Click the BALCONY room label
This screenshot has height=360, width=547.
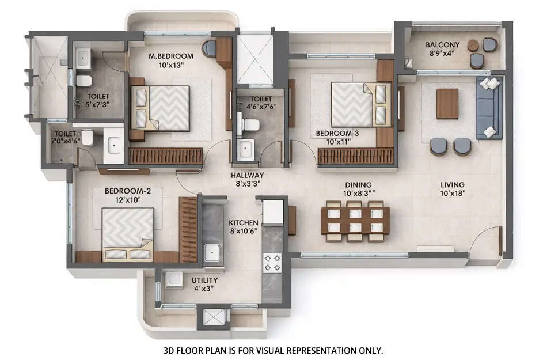point(442,44)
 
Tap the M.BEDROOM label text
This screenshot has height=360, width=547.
point(170,56)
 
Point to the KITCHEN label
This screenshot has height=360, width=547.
point(244,222)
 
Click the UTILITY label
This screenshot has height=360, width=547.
point(204,281)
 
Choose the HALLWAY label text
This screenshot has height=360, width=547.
point(247,175)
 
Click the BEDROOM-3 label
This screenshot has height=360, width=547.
point(337,133)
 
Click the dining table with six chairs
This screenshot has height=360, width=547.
point(355,221)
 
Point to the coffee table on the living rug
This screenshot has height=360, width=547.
point(447,104)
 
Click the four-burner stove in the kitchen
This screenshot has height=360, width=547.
point(272,263)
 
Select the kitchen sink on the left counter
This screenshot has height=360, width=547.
point(213,252)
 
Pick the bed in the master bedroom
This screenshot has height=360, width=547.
point(161,108)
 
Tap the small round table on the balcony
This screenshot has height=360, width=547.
point(473,45)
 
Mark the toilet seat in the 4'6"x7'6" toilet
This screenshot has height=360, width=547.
point(251,124)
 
